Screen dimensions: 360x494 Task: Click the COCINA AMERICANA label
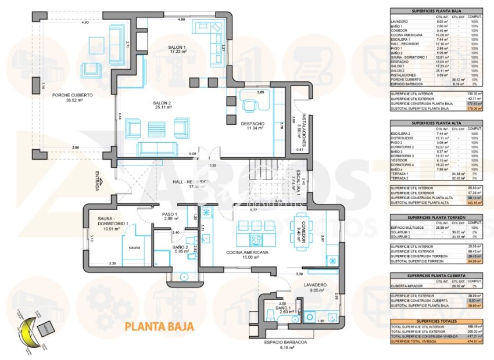coord(247,253)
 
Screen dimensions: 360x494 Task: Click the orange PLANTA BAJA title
coord(159,326)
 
